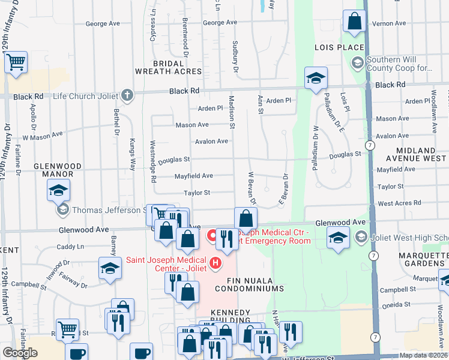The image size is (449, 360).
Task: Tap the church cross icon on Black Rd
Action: [127, 94]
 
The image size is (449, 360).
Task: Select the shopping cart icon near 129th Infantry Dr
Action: [16, 62]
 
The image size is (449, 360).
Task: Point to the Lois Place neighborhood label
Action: [339, 47]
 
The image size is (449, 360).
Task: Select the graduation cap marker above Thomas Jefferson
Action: [58, 190]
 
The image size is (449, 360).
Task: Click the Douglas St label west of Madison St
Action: [174, 160]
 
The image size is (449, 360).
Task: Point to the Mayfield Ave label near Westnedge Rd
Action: [193, 176]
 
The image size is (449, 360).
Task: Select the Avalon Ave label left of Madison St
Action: [211, 142]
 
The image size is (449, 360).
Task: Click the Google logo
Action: [20, 353]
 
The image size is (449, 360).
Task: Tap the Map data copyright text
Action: [423, 355]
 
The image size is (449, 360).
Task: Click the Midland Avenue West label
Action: [420, 154]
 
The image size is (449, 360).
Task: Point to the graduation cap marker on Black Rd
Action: [316, 78]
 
